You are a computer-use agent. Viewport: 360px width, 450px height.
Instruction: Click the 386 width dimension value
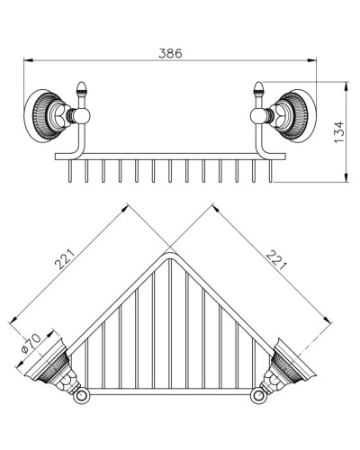[x=170, y=53]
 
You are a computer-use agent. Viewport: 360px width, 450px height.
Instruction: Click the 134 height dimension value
[x=339, y=132]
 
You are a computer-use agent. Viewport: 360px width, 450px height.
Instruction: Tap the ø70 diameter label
[x=31, y=344]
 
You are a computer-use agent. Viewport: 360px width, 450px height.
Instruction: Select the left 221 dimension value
[x=64, y=259]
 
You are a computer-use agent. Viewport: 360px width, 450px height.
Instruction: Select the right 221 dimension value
[x=276, y=260]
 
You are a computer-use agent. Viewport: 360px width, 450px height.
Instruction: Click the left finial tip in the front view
[x=81, y=82]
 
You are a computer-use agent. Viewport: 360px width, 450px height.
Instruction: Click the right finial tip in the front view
[x=258, y=82]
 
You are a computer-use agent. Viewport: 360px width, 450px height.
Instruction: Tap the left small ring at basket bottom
[x=80, y=396]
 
